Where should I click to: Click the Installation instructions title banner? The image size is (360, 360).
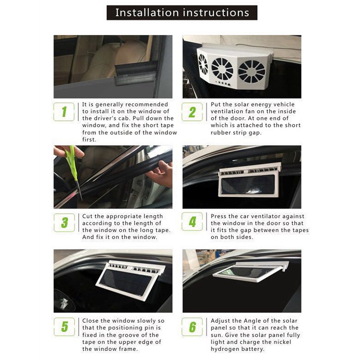[182, 12]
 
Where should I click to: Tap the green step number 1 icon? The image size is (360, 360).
[64, 112]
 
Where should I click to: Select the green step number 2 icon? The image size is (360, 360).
[193, 112]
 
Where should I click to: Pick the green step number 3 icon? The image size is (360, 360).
[64, 222]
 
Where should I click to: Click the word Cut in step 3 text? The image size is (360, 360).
[88, 216]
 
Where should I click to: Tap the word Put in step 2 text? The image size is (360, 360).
[216, 104]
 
